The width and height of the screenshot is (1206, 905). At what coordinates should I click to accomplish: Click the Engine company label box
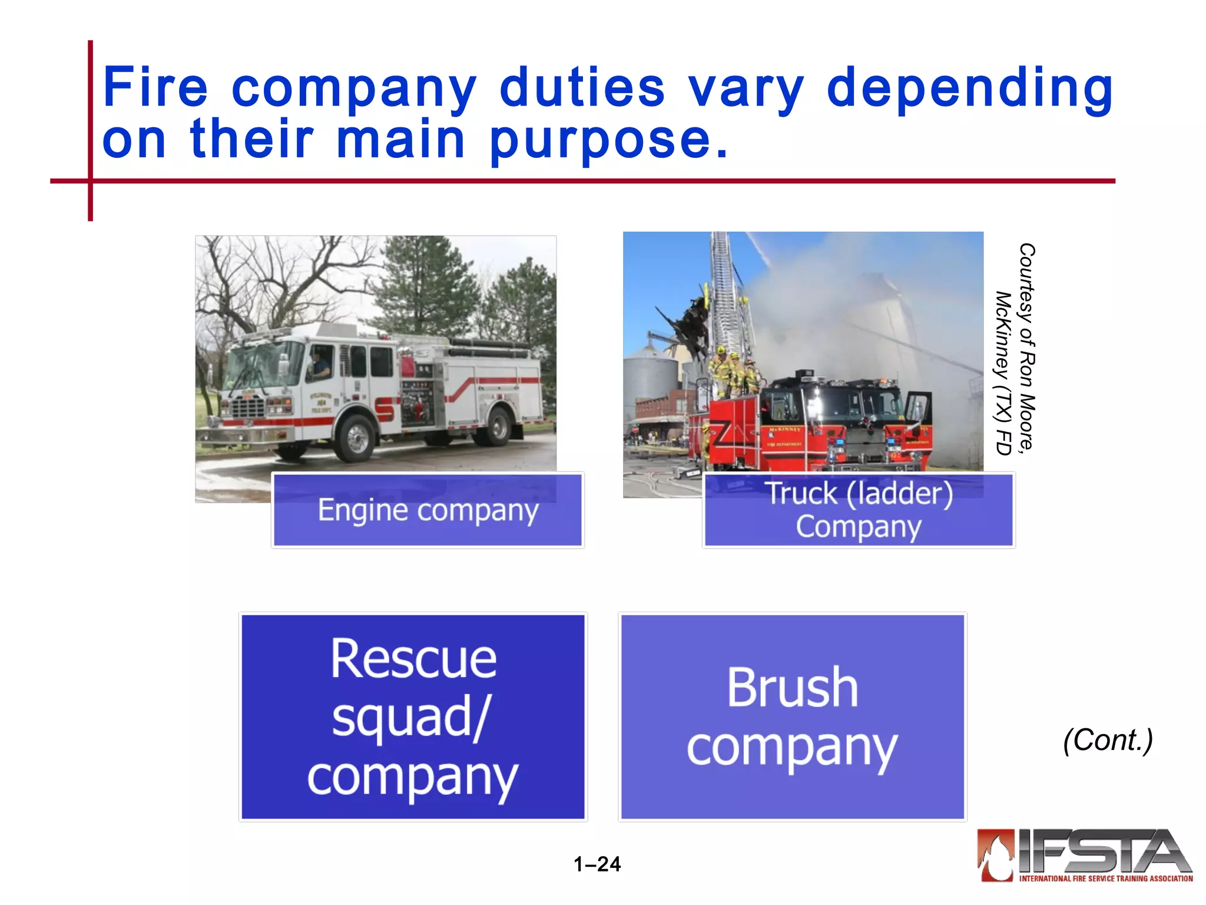point(428,510)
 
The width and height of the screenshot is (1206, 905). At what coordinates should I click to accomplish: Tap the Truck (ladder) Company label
point(859,510)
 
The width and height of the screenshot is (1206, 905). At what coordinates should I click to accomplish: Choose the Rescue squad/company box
point(413,716)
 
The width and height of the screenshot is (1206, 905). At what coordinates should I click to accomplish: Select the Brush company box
point(792,716)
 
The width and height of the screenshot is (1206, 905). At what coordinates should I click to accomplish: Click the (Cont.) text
point(1108,740)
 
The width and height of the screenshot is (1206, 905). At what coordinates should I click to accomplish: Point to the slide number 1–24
point(597,864)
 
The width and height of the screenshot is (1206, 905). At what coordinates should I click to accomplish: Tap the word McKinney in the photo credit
point(1003,336)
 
